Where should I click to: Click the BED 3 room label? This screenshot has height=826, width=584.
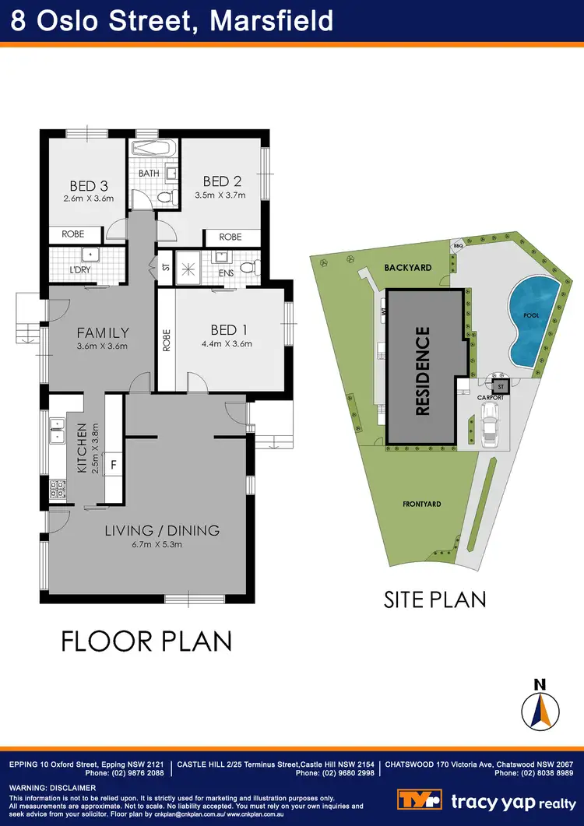coord(88,186)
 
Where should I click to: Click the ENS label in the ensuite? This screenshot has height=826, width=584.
coord(226,273)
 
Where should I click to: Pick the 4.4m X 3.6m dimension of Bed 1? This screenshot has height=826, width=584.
coord(227,343)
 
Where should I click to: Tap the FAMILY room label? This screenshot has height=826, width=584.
coord(103,332)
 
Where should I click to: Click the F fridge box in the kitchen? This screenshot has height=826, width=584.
coord(114,464)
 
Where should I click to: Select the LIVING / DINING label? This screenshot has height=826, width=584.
coord(163,531)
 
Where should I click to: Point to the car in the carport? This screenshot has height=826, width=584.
coord(490,431)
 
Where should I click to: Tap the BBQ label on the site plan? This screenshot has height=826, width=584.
coord(458,245)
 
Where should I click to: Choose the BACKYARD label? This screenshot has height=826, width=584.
coord(407,267)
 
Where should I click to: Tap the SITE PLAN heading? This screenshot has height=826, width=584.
coord(435,599)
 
